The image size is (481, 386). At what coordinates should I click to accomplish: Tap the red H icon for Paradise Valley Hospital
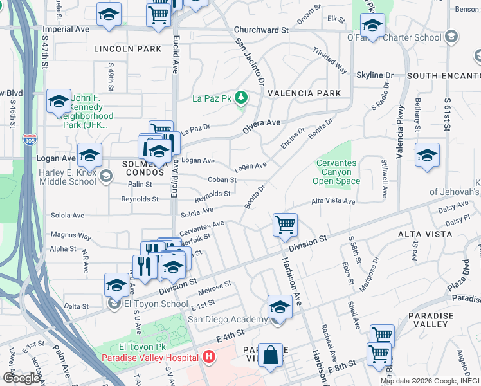(208, 356)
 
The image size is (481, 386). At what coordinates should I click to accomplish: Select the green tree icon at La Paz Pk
(241, 98)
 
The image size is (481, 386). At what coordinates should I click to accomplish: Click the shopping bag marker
(270, 355)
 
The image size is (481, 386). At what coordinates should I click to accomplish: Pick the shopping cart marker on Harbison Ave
(285, 226)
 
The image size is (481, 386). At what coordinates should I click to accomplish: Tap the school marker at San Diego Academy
(280, 308)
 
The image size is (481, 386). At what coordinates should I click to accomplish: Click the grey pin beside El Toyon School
(114, 303)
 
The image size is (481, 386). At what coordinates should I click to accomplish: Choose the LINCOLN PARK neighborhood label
(127, 49)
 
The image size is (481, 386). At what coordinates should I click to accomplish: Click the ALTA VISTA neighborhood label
(424, 234)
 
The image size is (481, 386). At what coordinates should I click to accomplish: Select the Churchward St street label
(261, 30)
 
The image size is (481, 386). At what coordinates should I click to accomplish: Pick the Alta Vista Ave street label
(333, 201)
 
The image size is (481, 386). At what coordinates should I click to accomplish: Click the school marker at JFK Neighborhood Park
(59, 101)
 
